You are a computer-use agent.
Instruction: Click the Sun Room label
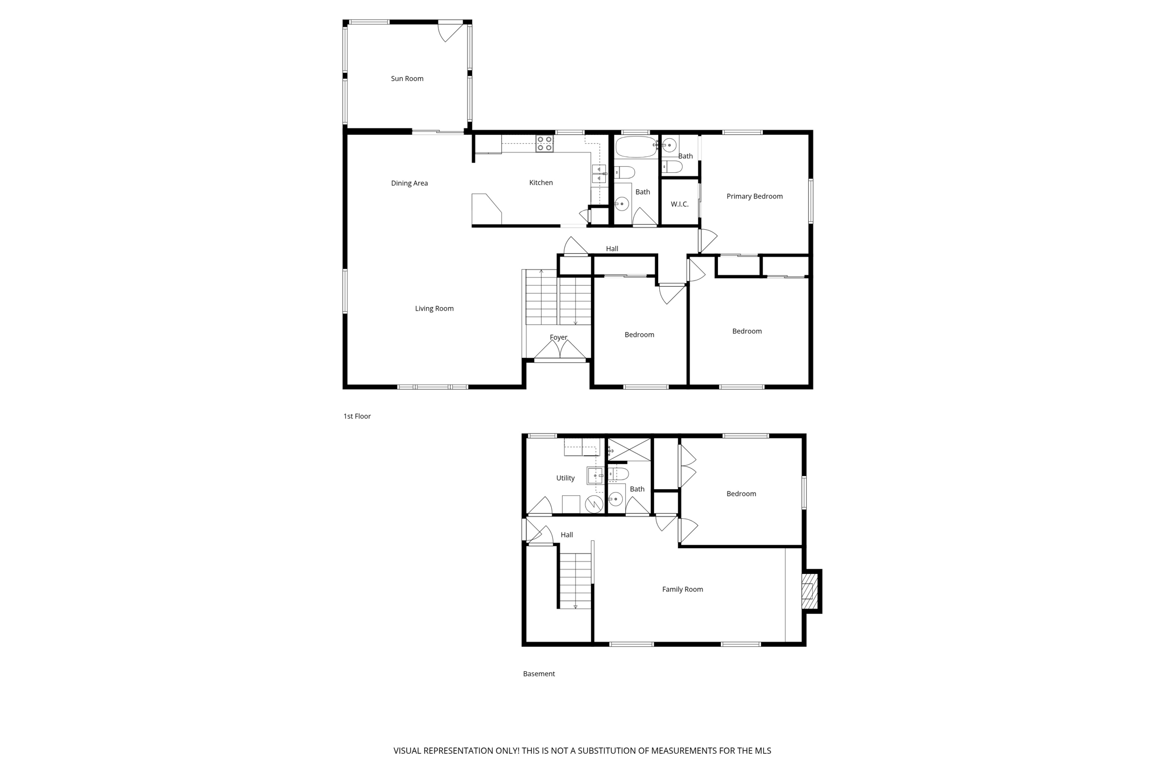click(407, 78)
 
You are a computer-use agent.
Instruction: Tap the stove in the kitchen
click(544, 143)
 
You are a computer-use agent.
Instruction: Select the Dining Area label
click(409, 183)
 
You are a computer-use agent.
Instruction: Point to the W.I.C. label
click(679, 204)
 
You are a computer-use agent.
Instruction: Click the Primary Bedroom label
click(754, 196)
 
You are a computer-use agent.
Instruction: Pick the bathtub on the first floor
click(636, 146)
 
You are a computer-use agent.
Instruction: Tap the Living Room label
click(434, 308)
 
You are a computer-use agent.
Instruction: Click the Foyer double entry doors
click(560, 351)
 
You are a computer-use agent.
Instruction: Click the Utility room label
click(565, 478)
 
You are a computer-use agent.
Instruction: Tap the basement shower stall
click(630, 449)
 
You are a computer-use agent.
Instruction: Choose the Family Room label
click(682, 589)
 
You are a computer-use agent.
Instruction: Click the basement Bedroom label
click(741, 494)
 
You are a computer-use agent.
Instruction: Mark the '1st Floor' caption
click(357, 416)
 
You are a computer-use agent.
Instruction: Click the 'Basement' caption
click(539, 674)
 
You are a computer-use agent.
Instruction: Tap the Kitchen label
click(540, 183)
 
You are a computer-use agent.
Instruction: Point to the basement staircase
click(575, 580)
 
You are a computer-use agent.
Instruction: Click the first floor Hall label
click(612, 249)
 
